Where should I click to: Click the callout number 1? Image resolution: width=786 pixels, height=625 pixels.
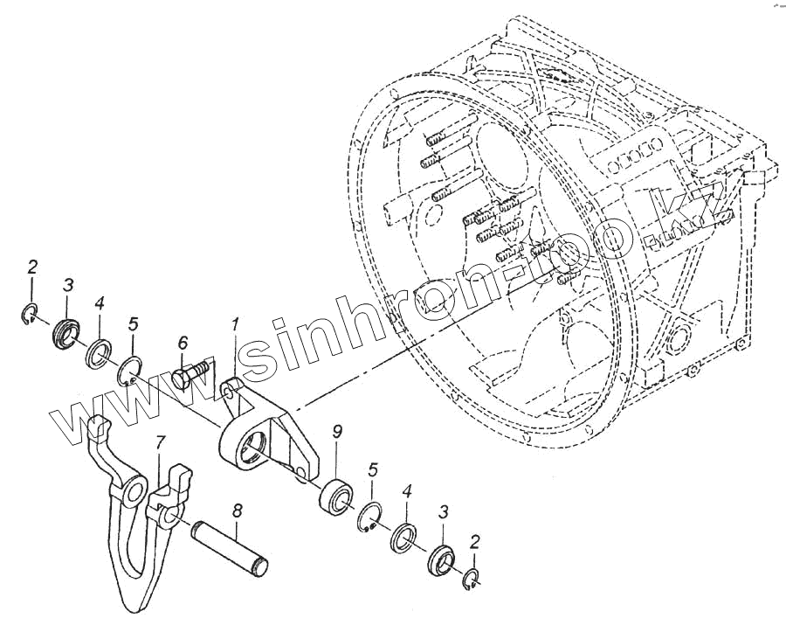click(x=235, y=326)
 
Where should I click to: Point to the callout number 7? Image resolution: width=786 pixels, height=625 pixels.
click(x=158, y=443)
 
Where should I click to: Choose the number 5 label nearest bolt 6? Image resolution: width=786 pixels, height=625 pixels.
click(x=133, y=324)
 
